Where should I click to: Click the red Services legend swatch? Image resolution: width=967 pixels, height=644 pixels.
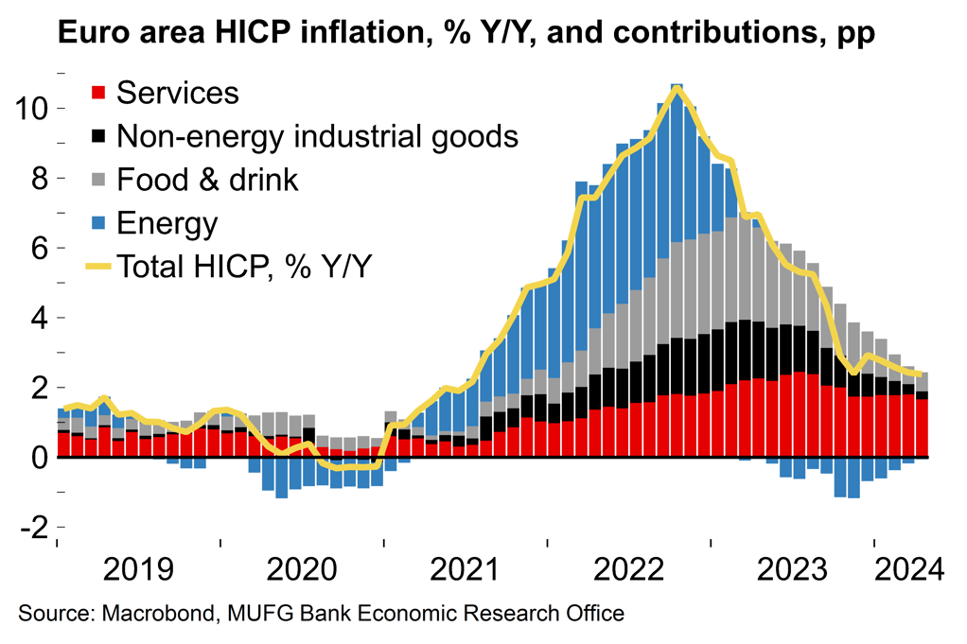coord(97,93)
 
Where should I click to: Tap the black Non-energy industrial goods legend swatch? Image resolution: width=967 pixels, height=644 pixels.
coord(97,136)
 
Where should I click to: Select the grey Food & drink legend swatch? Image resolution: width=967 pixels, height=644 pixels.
coord(97,180)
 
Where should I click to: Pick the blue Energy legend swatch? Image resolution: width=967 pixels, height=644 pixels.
coord(97,223)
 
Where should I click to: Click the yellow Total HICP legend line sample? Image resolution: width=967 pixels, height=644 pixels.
coord(97,267)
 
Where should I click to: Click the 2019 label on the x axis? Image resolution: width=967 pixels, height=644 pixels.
coord(138,570)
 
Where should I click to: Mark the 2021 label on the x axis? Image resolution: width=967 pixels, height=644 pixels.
coord(466,570)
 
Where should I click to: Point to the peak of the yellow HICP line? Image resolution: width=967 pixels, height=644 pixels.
coord(677,88)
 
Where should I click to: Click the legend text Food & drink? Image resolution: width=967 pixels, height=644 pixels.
coord(207,180)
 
